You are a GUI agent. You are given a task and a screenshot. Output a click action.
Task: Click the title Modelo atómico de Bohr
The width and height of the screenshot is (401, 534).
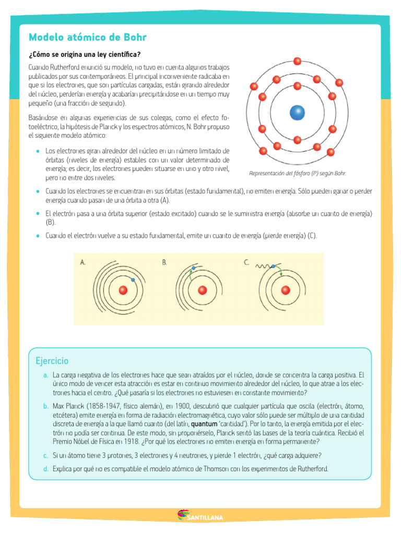[88, 38]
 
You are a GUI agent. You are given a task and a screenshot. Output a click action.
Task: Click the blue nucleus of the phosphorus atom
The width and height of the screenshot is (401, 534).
[297, 112]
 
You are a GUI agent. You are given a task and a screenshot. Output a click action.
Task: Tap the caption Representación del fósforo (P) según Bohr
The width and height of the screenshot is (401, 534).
[298, 173]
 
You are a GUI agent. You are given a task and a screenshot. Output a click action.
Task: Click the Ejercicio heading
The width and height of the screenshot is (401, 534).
[52, 361]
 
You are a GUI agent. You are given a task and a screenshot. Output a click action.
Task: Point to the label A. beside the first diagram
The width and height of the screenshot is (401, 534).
[83, 262]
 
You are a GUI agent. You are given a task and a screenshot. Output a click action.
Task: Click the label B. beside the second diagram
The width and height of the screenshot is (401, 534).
[164, 262]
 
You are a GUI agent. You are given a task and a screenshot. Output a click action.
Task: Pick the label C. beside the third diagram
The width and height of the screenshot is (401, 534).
[246, 262]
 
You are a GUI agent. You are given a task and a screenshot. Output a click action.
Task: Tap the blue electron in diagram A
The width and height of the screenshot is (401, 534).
[133, 280]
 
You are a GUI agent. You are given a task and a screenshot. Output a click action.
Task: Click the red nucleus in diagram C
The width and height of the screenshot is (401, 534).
[286, 290]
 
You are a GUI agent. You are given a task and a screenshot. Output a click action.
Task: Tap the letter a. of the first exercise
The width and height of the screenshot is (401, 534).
[46, 375]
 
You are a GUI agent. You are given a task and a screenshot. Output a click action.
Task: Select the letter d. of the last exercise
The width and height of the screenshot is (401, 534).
[46, 469]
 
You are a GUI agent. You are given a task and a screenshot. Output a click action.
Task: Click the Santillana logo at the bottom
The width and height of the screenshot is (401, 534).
[200, 517]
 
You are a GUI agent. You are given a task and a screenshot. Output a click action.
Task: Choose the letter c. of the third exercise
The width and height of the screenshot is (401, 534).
[46, 455]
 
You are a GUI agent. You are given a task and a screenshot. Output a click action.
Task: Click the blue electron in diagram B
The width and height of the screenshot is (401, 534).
[193, 268]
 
